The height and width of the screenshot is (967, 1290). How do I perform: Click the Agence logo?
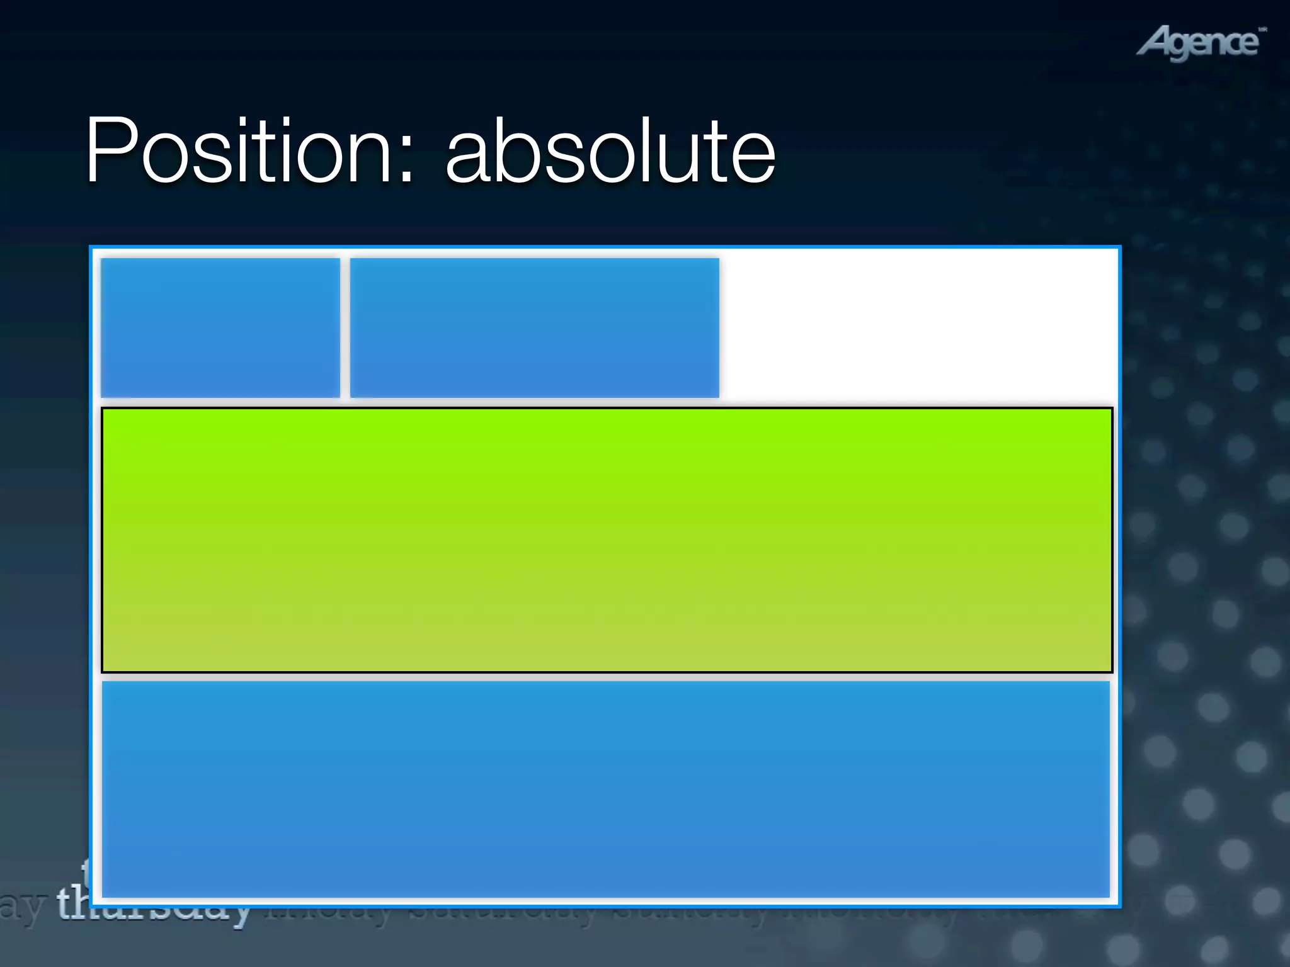[1201, 43]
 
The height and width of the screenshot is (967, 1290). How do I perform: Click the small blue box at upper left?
[220, 327]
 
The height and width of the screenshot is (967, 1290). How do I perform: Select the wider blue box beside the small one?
[534, 327]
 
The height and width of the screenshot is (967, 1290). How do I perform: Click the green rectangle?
[607, 540]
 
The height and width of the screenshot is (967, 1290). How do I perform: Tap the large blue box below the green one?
[605, 789]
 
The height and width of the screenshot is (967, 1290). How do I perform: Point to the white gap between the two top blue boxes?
[345, 327]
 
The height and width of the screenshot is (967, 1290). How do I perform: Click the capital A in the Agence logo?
[1155, 43]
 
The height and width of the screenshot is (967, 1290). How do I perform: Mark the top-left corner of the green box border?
[103, 409]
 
